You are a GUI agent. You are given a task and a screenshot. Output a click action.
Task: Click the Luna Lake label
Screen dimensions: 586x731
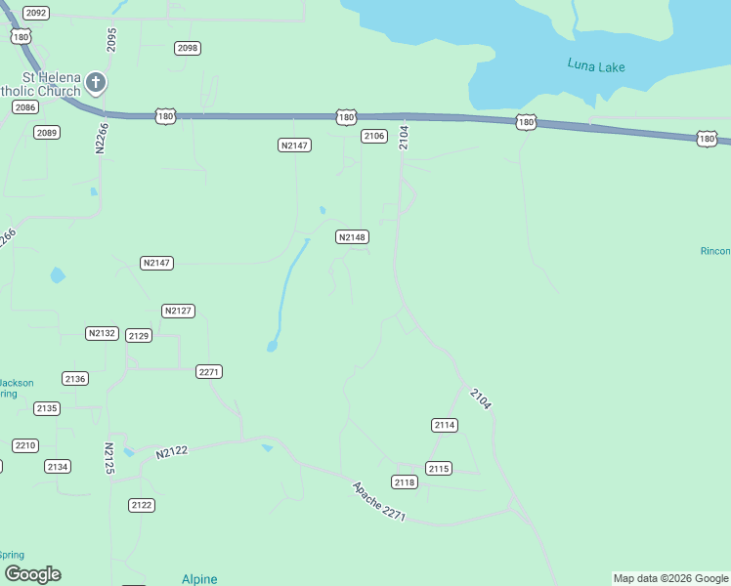(595, 66)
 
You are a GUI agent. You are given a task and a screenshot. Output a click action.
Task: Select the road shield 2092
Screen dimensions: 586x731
(36, 13)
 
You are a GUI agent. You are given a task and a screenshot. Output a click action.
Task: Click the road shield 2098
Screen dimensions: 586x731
(188, 48)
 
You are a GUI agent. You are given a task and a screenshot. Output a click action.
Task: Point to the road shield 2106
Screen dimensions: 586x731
(374, 136)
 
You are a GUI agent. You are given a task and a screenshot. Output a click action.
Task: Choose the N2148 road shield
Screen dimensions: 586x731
(352, 237)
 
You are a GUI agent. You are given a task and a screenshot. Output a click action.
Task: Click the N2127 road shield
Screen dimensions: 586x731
(179, 311)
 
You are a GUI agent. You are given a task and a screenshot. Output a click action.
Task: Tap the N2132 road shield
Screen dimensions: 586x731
(102, 333)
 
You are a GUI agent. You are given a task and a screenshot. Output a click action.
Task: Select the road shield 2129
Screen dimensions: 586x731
(139, 335)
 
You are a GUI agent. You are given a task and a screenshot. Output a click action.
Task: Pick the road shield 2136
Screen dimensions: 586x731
(75, 378)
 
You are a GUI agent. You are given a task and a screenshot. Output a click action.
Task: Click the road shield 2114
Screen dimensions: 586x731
(445, 425)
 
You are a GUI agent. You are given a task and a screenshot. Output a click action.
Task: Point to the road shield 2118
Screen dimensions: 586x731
(405, 481)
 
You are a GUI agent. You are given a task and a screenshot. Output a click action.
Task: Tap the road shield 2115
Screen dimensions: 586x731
(439, 469)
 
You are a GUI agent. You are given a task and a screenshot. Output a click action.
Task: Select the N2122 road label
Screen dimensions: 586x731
(171, 450)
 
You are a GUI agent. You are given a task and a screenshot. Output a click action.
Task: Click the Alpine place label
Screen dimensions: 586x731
(199, 579)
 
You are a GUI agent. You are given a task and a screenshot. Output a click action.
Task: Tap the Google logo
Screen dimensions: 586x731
(32, 574)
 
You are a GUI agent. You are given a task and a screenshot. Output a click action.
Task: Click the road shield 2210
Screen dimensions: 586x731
(25, 445)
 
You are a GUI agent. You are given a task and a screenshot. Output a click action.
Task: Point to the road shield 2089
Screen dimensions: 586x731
(46, 133)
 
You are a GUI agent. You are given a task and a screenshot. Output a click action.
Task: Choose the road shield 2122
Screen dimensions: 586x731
(142, 505)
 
